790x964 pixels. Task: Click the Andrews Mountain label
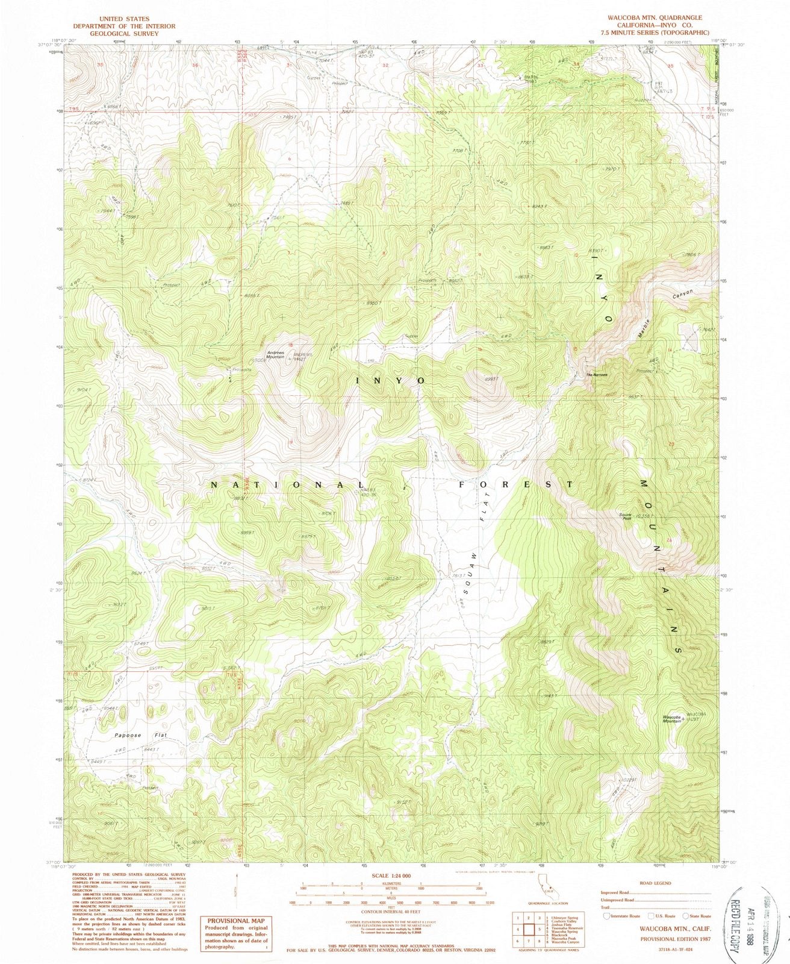tap(276, 355)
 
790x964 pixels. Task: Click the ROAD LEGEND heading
tap(656, 883)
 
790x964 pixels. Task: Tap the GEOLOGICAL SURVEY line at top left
tap(123, 33)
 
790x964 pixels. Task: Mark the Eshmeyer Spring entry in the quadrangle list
tap(563, 918)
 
